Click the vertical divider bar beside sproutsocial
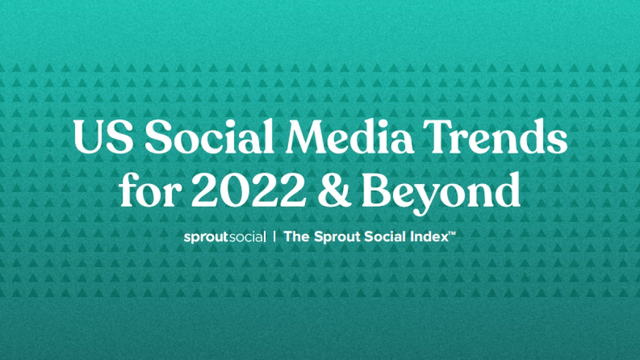[x=274, y=237]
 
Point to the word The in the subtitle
[x=295, y=237]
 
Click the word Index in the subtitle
[x=427, y=237]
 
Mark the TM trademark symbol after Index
[x=451, y=234]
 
